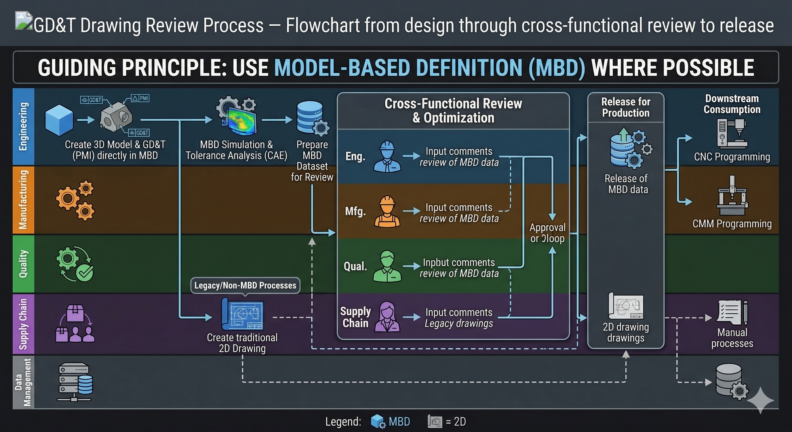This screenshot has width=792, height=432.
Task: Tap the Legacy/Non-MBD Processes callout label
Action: tap(245, 285)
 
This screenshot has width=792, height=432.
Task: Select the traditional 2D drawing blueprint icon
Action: tap(243, 314)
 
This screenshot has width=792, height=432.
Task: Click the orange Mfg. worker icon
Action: tap(387, 211)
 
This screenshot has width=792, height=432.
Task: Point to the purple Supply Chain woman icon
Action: tap(387, 317)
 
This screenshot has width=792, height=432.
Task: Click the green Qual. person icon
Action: tap(387, 266)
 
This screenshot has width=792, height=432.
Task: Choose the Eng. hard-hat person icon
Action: tap(387, 157)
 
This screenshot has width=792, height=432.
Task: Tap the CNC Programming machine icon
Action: tap(732, 134)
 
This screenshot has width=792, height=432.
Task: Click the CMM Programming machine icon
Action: tap(732, 196)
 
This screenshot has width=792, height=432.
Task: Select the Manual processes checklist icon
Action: tap(732, 312)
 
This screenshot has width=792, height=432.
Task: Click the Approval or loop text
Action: tap(548, 233)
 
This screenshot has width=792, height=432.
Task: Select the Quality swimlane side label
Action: tap(23, 264)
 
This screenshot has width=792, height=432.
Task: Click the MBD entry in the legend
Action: tap(390, 422)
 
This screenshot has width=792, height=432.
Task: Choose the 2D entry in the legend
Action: tap(447, 422)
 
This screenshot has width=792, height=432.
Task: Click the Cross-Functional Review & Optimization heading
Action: tap(453, 111)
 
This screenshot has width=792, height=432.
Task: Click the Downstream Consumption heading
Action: tap(732, 104)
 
